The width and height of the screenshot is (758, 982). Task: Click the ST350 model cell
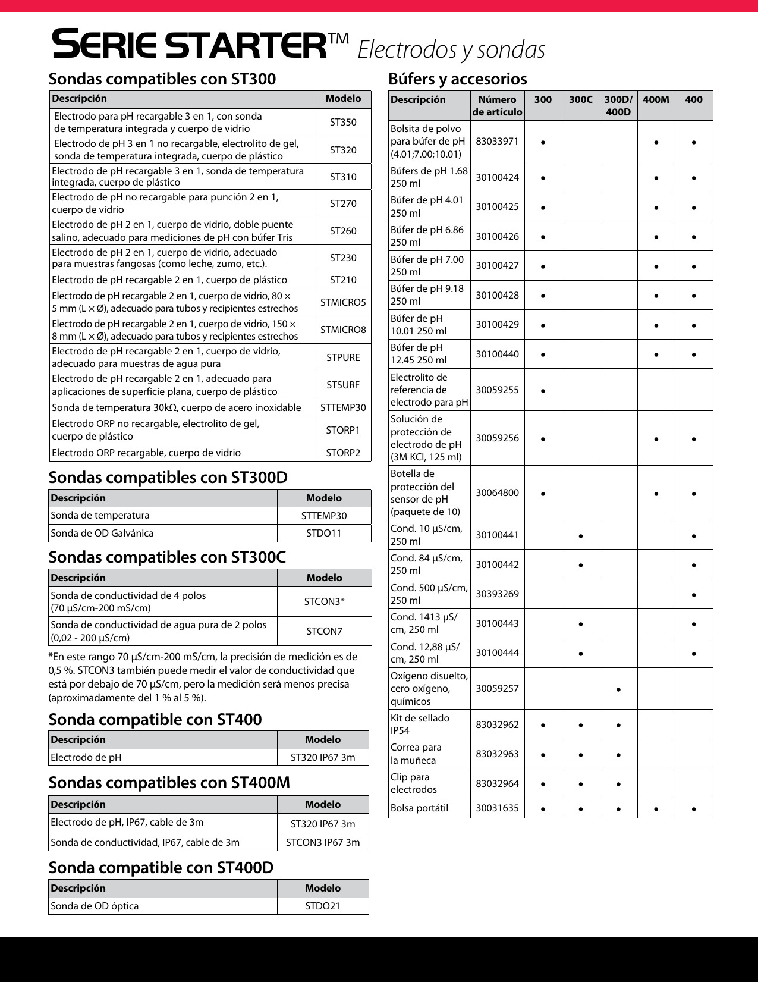click(x=343, y=123)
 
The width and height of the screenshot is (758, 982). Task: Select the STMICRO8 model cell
click(x=343, y=330)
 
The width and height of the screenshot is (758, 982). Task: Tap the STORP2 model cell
click(x=343, y=453)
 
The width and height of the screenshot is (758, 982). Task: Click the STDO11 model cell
click(x=324, y=533)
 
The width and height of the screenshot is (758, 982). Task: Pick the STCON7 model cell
click(x=325, y=631)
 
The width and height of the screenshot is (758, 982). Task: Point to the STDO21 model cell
click(x=323, y=906)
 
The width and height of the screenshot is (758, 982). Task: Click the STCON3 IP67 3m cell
click(x=323, y=842)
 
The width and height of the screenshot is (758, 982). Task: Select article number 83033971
click(x=497, y=142)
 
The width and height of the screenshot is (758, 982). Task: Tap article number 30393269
click(x=497, y=594)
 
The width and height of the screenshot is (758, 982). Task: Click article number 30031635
click(x=497, y=808)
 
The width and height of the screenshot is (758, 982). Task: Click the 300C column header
click(x=580, y=100)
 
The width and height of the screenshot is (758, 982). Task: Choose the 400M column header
click(x=656, y=100)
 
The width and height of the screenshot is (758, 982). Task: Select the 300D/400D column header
click(x=618, y=105)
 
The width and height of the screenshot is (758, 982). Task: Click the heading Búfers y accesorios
click(x=457, y=79)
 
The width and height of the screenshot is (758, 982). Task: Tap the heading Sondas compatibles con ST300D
click(x=168, y=477)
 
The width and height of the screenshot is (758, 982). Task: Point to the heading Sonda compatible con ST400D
click(x=161, y=867)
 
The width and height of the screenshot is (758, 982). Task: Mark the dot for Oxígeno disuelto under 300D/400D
click(x=618, y=689)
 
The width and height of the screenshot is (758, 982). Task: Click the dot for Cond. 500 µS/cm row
click(x=694, y=595)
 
